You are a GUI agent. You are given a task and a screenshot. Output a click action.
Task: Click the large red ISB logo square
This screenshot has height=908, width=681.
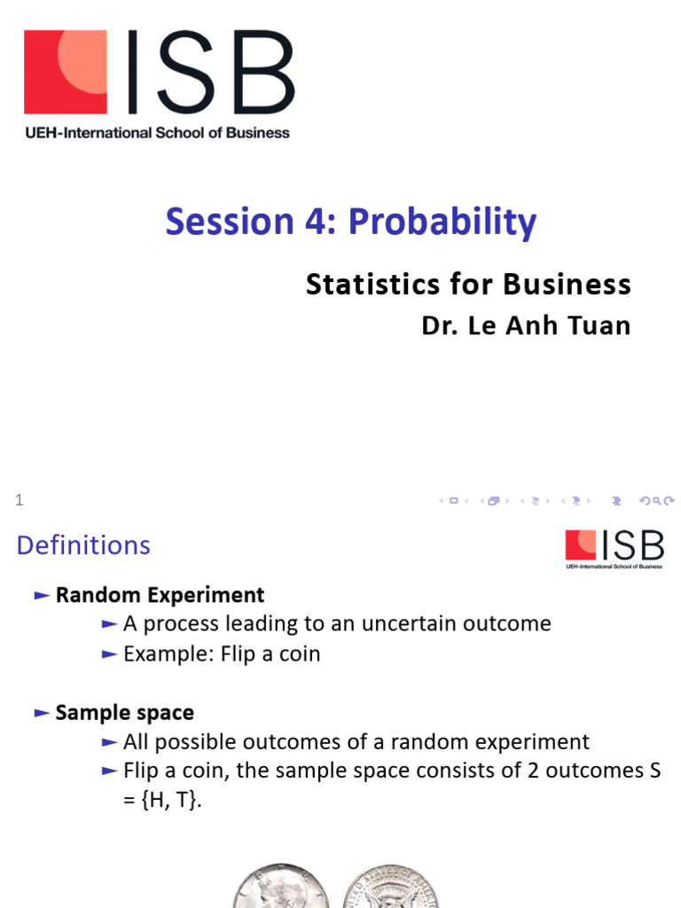pos(66,72)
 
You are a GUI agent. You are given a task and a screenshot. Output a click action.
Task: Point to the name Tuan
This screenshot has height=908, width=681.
pos(599,325)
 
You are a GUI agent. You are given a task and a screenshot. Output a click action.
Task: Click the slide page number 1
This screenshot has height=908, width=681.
pos(19,501)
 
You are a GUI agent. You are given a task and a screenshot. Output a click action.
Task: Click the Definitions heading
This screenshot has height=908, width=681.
pos(83,544)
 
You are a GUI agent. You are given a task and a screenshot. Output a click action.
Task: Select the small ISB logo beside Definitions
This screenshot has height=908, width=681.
pos(614,548)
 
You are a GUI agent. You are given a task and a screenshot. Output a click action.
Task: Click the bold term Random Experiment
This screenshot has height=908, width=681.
pos(160,595)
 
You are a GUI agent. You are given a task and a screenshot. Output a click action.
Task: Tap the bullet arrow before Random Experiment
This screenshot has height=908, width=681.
pos(41,596)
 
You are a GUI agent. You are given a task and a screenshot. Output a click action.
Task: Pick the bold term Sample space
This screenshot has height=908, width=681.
pos(124,712)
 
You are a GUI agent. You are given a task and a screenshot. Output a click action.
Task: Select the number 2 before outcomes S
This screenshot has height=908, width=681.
pos(509,771)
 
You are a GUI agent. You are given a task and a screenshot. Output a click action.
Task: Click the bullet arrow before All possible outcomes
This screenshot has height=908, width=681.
pos(109,742)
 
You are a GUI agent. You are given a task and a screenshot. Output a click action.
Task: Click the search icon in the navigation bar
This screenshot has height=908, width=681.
pos(656,501)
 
